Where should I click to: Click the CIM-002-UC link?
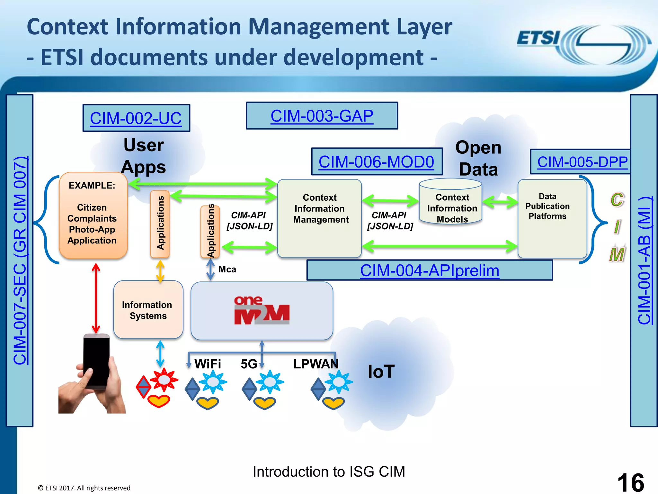tap(136, 118)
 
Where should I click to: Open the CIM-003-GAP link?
tap(322, 116)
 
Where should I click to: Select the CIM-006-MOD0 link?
tap(376, 162)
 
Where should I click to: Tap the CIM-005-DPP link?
tap(582, 162)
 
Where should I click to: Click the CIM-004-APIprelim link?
tap(430, 270)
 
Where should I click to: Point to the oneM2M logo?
tap(262, 310)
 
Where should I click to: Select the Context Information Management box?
tap(320, 218)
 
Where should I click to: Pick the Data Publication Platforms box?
tap(552, 219)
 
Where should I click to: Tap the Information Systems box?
tap(148, 310)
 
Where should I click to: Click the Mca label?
tap(227, 269)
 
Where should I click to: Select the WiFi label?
tap(208, 364)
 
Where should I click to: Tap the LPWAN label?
tap(316, 364)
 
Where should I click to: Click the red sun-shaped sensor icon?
tap(164, 380)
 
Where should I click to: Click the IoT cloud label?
tap(381, 372)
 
